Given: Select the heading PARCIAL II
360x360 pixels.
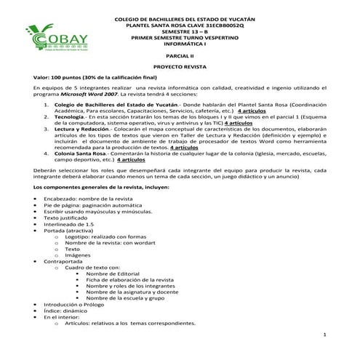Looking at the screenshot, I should (180, 55).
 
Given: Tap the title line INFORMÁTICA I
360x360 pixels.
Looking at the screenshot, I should (180, 44).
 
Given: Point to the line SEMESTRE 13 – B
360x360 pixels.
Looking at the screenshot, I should (180, 33).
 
